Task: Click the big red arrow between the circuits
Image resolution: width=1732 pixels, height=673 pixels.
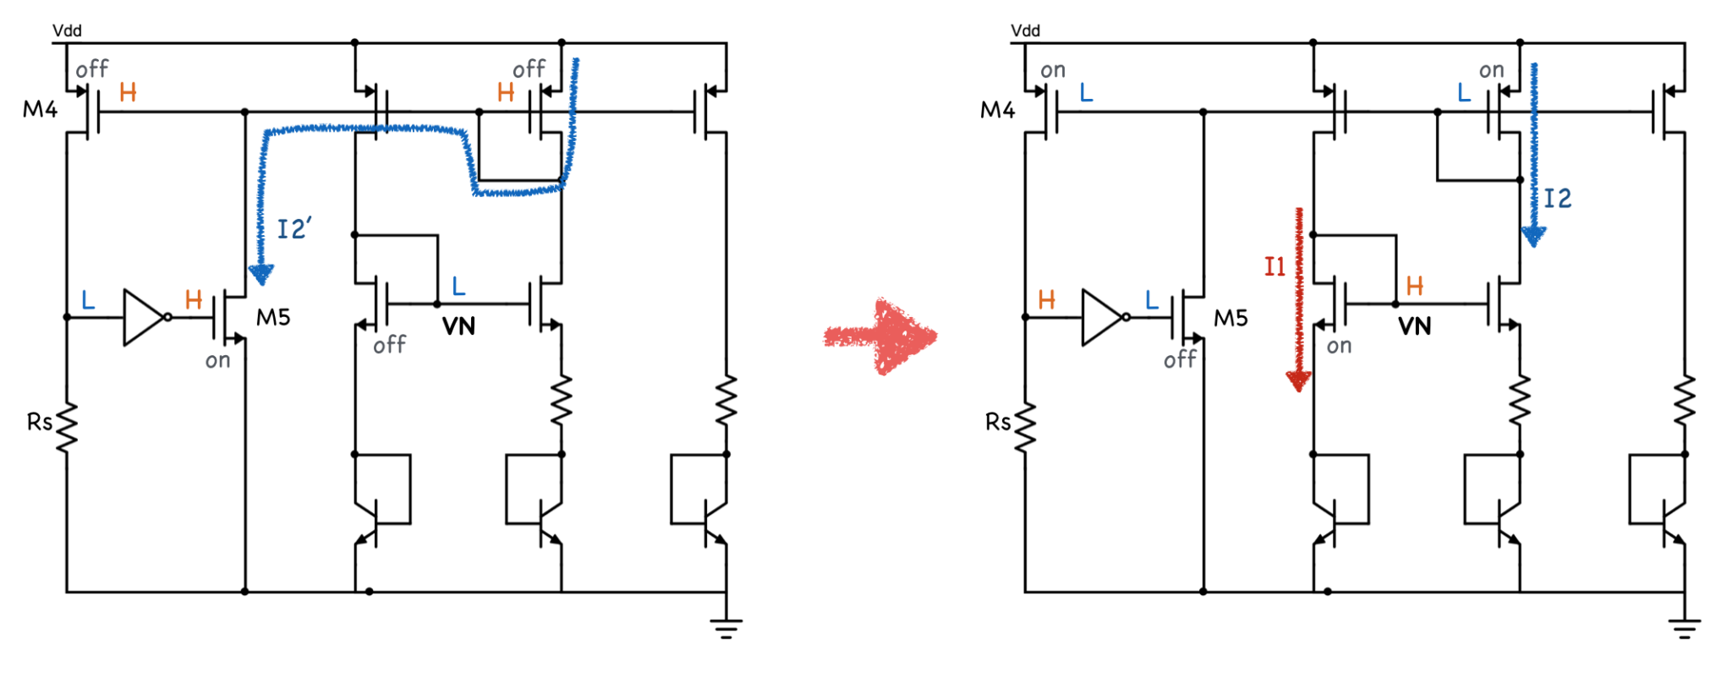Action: (x=880, y=336)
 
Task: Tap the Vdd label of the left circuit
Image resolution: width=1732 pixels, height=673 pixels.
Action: (x=67, y=30)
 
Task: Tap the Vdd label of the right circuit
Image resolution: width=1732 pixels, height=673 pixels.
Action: (x=1025, y=30)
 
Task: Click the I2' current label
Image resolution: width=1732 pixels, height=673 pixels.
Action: (x=294, y=228)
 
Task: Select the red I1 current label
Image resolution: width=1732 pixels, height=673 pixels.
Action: (x=1274, y=267)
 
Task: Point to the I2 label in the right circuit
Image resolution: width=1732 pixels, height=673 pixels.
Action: (x=1558, y=199)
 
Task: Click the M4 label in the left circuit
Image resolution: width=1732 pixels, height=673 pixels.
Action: (x=40, y=109)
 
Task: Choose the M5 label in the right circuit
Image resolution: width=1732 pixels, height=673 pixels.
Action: (x=1230, y=318)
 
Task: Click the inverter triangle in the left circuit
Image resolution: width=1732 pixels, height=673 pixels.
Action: (x=145, y=317)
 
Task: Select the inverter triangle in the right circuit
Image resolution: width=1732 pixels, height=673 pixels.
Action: (x=1103, y=317)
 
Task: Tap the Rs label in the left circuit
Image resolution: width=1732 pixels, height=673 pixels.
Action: (x=40, y=421)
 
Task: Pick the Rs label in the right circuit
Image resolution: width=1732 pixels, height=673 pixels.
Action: (x=998, y=421)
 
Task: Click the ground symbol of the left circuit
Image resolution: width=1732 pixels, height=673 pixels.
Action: (x=726, y=628)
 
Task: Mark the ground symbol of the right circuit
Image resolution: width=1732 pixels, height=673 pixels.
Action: (x=1684, y=628)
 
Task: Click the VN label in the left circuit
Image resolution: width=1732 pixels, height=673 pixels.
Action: (x=458, y=326)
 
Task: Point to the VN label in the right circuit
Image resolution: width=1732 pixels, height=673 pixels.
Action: (x=1414, y=326)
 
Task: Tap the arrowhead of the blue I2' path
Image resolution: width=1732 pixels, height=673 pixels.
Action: (x=261, y=274)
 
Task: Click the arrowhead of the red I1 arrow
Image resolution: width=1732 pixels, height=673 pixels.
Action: (x=1298, y=381)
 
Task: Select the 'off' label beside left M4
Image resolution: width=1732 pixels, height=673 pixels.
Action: (x=92, y=68)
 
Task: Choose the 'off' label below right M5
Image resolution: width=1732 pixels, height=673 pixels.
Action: (x=1180, y=359)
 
